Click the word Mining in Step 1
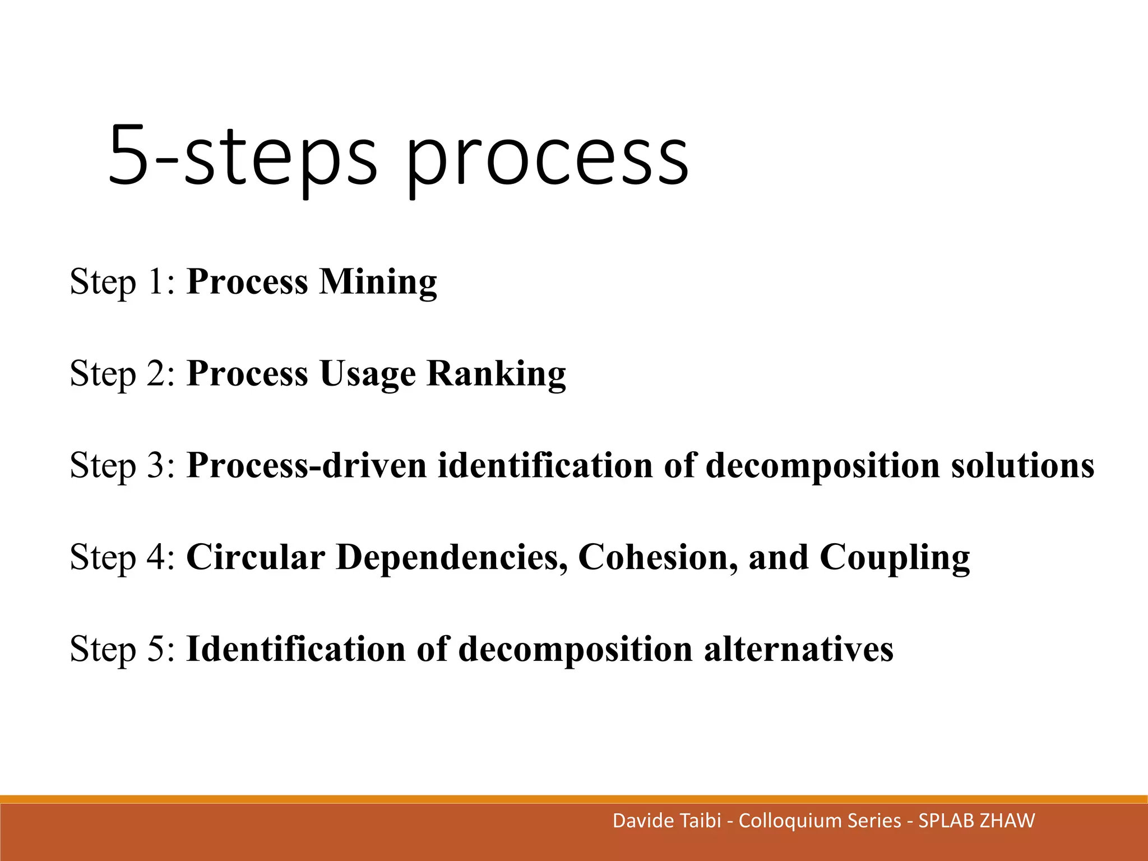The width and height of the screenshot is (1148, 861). (378, 283)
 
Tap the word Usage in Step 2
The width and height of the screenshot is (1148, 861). (368, 374)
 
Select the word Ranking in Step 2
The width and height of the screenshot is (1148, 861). (496, 374)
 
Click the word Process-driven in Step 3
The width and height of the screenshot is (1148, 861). (306, 466)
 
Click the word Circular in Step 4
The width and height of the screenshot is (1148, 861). (256, 558)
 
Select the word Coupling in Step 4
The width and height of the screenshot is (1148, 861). (895, 558)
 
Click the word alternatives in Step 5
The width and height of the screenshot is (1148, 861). (798, 650)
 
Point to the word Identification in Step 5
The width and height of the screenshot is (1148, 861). (296, 650)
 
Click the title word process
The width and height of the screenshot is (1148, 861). (547, 157)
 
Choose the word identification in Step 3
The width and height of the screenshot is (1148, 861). (545, 466)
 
